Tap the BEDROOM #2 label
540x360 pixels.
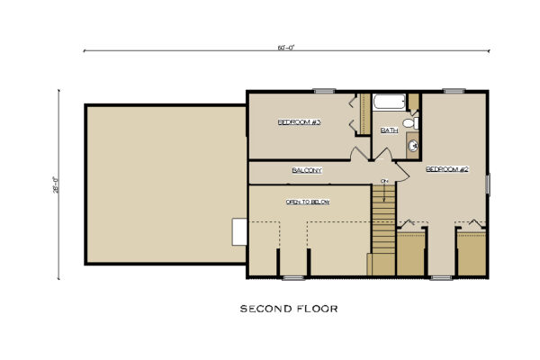tap(443, 168)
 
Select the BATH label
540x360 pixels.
tap(389, 130)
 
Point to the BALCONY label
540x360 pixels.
tap(307, 170)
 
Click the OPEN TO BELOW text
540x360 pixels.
tap(308, 202)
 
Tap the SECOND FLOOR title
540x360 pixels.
tap(288, 309)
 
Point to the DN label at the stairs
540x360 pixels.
tap(383, 183)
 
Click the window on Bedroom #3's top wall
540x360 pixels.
tap(324, 90)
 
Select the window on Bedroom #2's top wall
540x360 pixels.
tap(454, 90)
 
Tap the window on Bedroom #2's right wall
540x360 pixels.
tap(489, 184)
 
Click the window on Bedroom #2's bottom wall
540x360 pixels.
tap(441, 277)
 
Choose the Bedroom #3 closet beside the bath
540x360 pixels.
tap(364, 114)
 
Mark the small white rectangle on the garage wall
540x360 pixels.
tap(239, 231)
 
